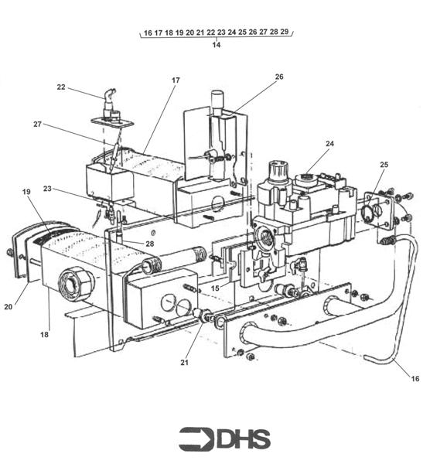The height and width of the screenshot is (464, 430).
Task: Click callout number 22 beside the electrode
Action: [x=61, y=87]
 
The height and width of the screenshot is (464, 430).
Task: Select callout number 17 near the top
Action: [x=176, y=80]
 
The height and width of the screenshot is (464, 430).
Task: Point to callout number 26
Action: [x=279, y=77]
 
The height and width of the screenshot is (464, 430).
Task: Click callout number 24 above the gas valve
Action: [x=329, y=144]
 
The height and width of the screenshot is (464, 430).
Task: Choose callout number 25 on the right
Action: [x=384, y=165]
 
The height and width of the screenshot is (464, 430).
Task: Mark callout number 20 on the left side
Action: [x=9, y=307]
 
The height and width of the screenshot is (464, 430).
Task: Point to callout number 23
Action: [x=48, y=188]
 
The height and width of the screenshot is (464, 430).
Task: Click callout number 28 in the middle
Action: [x=149, y=244]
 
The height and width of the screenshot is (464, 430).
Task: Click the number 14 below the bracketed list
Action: [x=217, y=46]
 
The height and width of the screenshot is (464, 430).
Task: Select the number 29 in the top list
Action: [x=285, y=32]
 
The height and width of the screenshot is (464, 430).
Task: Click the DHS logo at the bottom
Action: [x=224, y=438]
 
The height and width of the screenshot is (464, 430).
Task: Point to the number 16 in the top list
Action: [x=148, y=33]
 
